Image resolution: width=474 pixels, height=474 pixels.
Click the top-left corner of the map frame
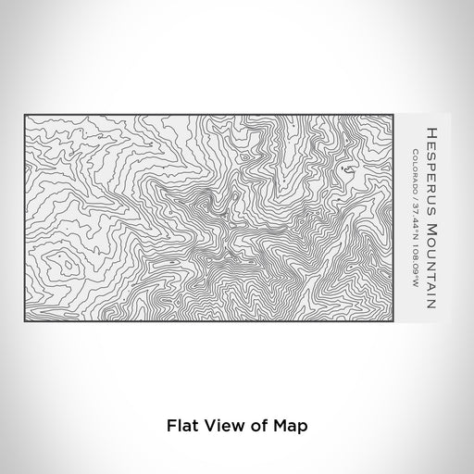(x=24, y=115)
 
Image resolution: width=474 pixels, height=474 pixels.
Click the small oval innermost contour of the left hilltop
(x=67, y=266)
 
